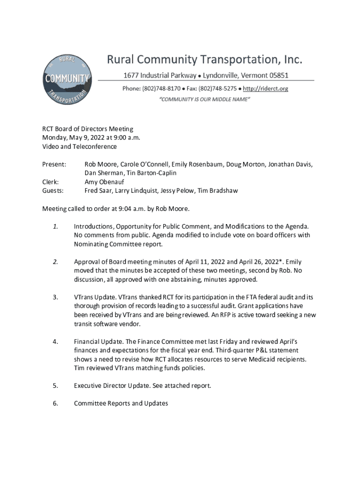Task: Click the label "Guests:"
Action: pos(53,191)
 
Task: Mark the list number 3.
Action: pos(55,297)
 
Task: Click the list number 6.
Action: pos(55,403)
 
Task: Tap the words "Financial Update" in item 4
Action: pos(98,341)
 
